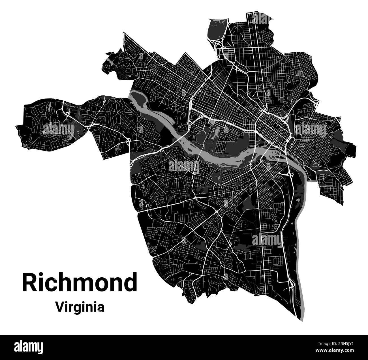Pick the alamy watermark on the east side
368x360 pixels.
point(311,129)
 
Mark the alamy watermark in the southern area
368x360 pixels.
point(267,240)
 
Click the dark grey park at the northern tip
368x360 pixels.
point(217,30)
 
